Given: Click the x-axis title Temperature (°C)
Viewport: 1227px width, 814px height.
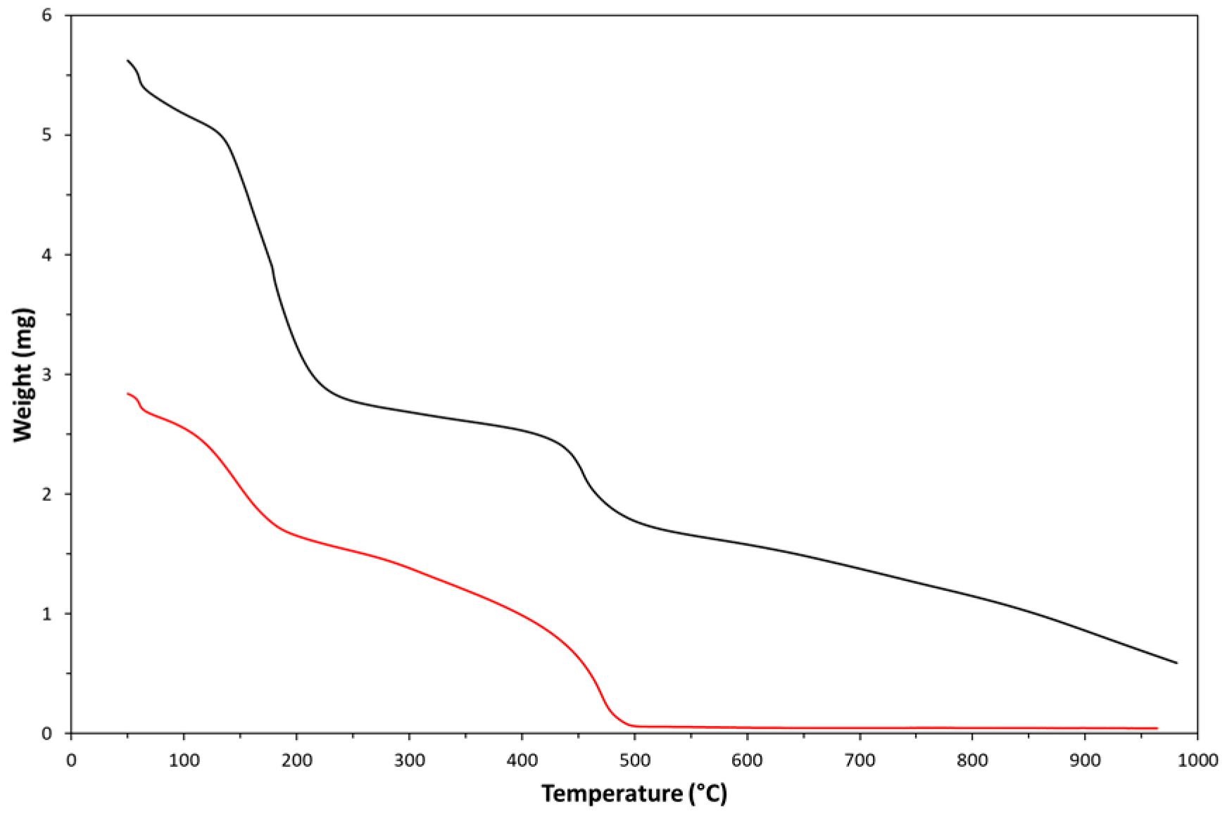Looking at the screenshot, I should pos(634,794).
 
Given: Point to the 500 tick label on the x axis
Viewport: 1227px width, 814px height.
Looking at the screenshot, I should pos(634,760).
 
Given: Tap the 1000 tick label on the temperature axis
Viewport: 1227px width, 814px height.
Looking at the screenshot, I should pos(1197,760).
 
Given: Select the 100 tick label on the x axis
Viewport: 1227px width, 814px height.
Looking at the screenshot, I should pos(184,760).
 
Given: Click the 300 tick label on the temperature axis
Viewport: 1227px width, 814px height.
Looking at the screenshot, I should pos(409,760).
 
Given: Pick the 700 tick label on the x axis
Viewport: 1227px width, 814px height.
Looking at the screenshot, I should pos(860,760).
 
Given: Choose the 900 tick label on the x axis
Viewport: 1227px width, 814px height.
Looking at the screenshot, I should pos(1085,760).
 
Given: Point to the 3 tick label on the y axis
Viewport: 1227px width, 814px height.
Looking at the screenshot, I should pos(47,374).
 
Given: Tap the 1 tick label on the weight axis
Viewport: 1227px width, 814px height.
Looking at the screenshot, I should pos(47,613).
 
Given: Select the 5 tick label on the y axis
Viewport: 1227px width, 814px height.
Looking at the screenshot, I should pos(47,134).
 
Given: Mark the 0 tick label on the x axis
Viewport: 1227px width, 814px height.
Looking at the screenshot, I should pos(71,760).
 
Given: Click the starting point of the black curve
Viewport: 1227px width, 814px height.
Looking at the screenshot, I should pos(127,61).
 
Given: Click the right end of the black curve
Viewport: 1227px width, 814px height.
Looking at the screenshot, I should pos(1176,663).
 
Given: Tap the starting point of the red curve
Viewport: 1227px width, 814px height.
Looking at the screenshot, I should pos(127,393).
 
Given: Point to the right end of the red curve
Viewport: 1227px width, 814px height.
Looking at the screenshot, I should pos(1157,728).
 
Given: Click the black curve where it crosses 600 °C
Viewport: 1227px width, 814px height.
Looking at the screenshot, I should pos(747,544).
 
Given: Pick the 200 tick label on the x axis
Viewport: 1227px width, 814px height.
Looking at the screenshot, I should pos(296,760).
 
